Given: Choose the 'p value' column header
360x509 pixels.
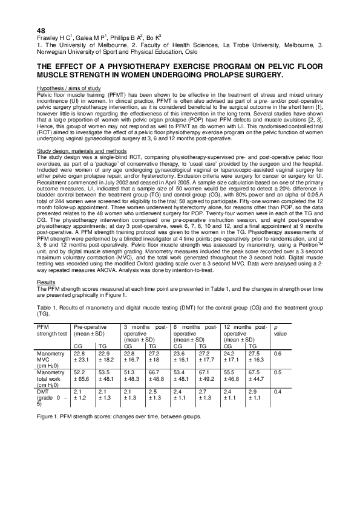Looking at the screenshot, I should tap(280, 330).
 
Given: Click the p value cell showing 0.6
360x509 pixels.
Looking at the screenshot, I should tap(278, 353).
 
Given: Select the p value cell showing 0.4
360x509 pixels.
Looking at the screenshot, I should tap(278, 392).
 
